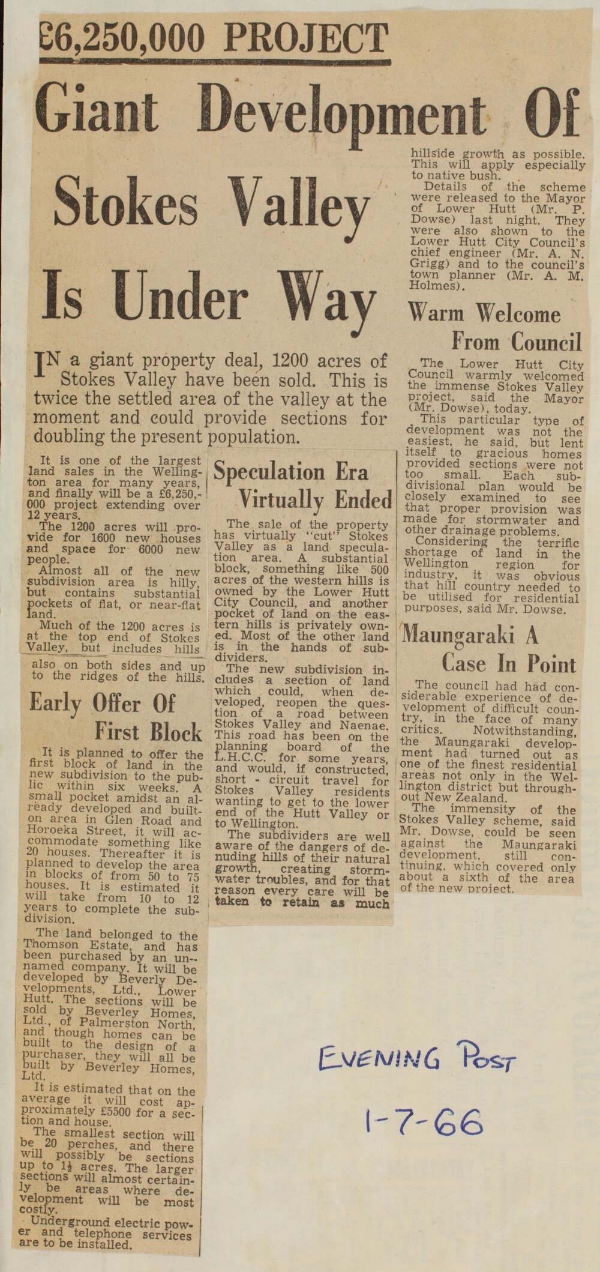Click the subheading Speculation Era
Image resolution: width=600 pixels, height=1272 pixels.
pyautogui.click(x=290, y=472)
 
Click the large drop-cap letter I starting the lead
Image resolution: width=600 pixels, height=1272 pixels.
pyautogui.click(x=41, y=366)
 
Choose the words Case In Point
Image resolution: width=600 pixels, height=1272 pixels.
pyautogui.click(x=508, y=664)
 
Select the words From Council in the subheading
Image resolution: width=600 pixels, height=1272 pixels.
pyautogui.click(x=517, y=342)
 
